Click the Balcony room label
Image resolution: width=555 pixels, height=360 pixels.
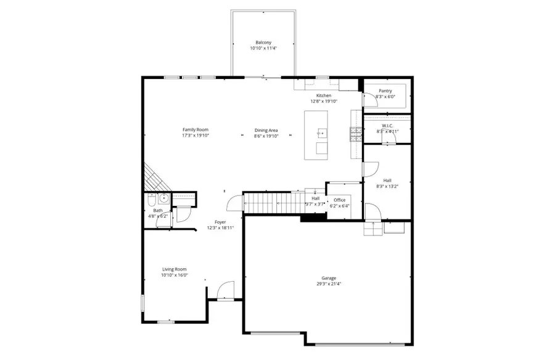(x=263, y=43)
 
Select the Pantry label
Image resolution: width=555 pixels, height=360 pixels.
(x=385, y=91)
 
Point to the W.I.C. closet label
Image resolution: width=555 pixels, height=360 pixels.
(x=387, y=126)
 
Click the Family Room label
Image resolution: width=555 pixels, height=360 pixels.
(x=195, y=129)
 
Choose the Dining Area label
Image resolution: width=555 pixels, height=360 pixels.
(x=266, y=130)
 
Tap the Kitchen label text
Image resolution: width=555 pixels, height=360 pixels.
(x=324, y=96)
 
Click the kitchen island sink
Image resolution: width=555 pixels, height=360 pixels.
(x=321, y=133)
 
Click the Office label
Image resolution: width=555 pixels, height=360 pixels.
(x=340, y=200)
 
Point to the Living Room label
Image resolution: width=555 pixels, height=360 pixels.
(x=175, y=269)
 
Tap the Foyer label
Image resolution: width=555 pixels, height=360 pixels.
(x=220, y=222)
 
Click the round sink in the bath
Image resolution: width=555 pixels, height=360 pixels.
(x=163, y=198)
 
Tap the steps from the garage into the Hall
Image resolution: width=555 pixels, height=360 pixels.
(x=373, y=229)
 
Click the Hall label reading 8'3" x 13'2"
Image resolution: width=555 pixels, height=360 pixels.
(x=387, y=181)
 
